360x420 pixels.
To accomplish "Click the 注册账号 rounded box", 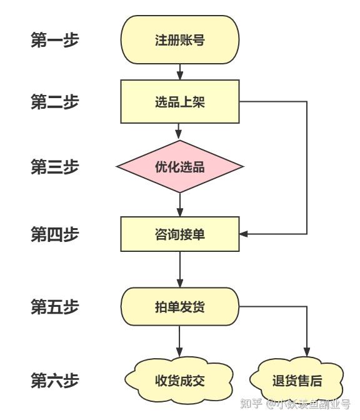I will point(180,40).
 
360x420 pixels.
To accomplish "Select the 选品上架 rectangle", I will point(180,102).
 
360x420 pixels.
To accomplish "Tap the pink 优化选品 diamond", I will point(180,167).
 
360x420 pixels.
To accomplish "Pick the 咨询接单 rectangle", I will point(180,234).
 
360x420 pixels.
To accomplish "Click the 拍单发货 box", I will point(180,307).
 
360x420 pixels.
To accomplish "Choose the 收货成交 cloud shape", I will point(180,380).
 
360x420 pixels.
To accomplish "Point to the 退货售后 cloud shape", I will point(297,381).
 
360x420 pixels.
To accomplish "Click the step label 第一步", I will point(55,40).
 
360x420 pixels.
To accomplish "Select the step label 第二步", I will point(55,102).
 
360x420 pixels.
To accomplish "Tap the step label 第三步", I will point(55,167).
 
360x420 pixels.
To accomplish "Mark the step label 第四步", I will point(55,234).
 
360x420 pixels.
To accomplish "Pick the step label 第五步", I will point(55,307).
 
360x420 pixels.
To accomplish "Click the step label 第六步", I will point(55,379).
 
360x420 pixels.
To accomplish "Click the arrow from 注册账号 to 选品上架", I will point(180,72).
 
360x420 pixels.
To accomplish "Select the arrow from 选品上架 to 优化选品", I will point(180,131).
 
